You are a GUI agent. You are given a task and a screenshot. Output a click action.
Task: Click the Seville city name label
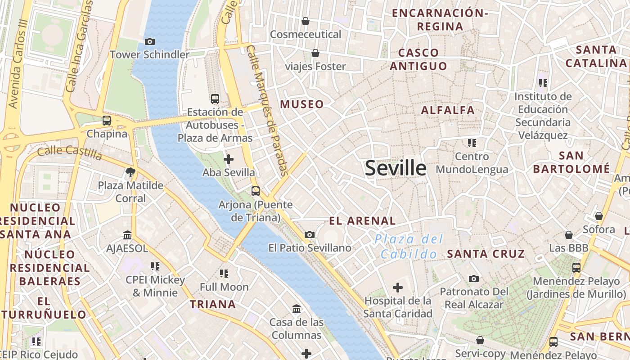[396, 168]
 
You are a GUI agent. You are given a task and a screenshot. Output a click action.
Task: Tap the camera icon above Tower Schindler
[150, 42]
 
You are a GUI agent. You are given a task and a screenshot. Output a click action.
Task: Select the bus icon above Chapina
[107, 121]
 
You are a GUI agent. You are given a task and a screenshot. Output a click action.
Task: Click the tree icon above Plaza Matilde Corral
[130, 172]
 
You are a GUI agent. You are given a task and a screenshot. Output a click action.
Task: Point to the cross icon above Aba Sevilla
[229, 159]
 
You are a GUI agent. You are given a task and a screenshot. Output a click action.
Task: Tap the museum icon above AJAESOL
[127, 235]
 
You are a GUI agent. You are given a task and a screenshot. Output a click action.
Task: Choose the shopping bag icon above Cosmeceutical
[306, 21]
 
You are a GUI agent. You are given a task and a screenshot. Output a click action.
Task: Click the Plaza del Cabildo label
[409, 247]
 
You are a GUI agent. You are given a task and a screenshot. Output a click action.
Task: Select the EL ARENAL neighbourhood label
[362, 220]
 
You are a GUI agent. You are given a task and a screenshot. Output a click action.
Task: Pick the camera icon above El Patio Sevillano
[310, 234]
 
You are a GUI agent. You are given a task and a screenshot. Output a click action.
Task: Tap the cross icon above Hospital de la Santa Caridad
[398, 287]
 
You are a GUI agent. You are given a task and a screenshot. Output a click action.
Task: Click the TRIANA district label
[213, 304]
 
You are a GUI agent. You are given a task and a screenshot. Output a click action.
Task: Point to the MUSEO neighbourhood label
[302, 104]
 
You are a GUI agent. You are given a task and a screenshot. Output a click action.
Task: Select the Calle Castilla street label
[70, 152]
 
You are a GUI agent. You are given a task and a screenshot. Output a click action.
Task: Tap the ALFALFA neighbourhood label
[448, 110]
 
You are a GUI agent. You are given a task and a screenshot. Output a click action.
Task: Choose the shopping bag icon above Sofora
[599, 216]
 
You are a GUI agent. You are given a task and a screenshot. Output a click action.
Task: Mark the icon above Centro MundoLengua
[472, 143]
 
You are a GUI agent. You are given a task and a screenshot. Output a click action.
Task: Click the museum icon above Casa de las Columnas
[297, 309]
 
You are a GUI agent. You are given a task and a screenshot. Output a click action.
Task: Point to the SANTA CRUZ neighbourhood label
[486, 254]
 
